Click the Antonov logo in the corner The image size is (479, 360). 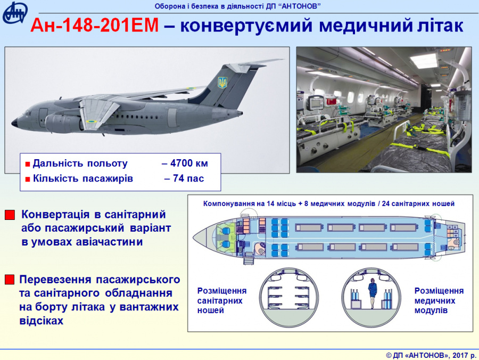click(15, 13)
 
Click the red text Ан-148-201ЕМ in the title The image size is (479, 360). click(94, 26)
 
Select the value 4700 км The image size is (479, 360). click(189, 163)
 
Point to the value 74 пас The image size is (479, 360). click(188, 178)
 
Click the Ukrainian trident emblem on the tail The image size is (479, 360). click(222, 83)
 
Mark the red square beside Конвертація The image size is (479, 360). click(10, 215)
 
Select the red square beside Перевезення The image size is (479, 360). click(10, 280)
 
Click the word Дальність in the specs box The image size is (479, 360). click(59, 163)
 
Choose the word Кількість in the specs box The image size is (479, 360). click(55, 178)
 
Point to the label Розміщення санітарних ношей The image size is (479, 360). click(221, 300)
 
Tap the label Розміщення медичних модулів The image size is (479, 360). click(439, 300)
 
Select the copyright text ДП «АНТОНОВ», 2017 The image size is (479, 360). click(431, 355)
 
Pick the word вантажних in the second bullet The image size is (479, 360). click(149, 307)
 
